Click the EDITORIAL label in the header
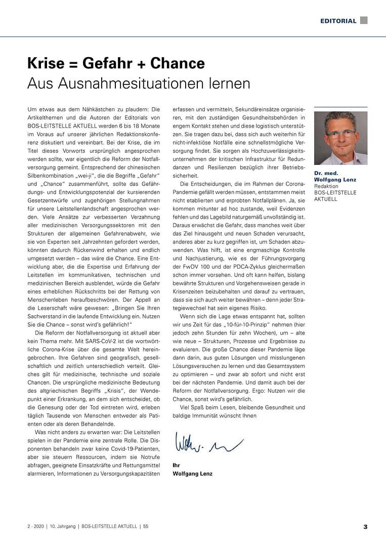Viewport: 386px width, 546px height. click(x=338, y=21)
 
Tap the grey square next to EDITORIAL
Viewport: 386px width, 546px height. click(x=364, y=20)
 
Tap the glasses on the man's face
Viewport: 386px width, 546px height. click(x=340, y=134)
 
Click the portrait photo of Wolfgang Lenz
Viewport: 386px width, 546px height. click(x=340, y=138)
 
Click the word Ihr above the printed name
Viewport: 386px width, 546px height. click(x=176, y=465)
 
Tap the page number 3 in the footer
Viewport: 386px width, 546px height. click(x=365, y=527)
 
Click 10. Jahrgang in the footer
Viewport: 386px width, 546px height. click(x=62, y=527)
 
